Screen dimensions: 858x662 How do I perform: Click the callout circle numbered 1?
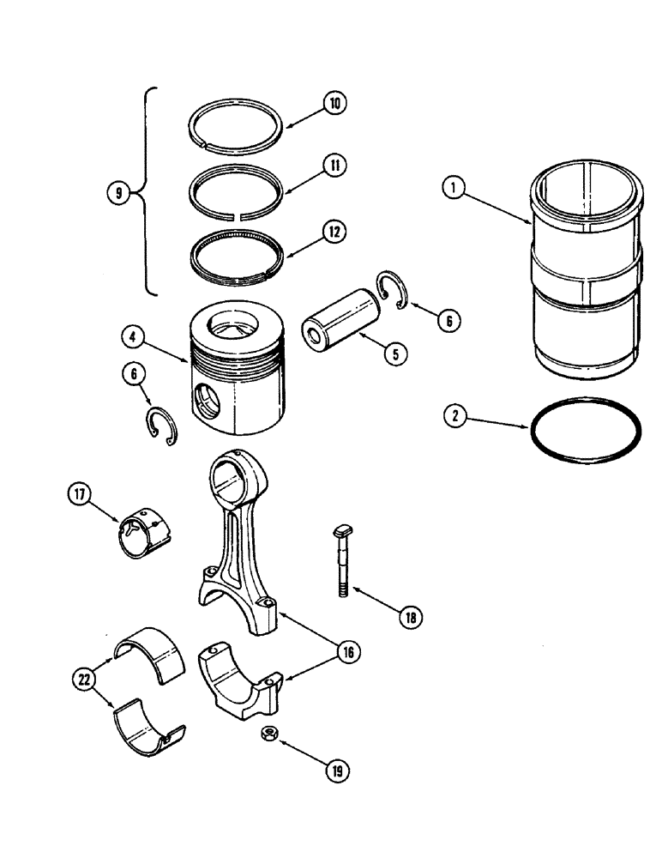[455, 186]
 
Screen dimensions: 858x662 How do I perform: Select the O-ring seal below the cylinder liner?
[586, 431]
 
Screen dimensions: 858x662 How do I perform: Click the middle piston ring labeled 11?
[234, 181]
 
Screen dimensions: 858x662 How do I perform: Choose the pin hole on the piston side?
[205, 403]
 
